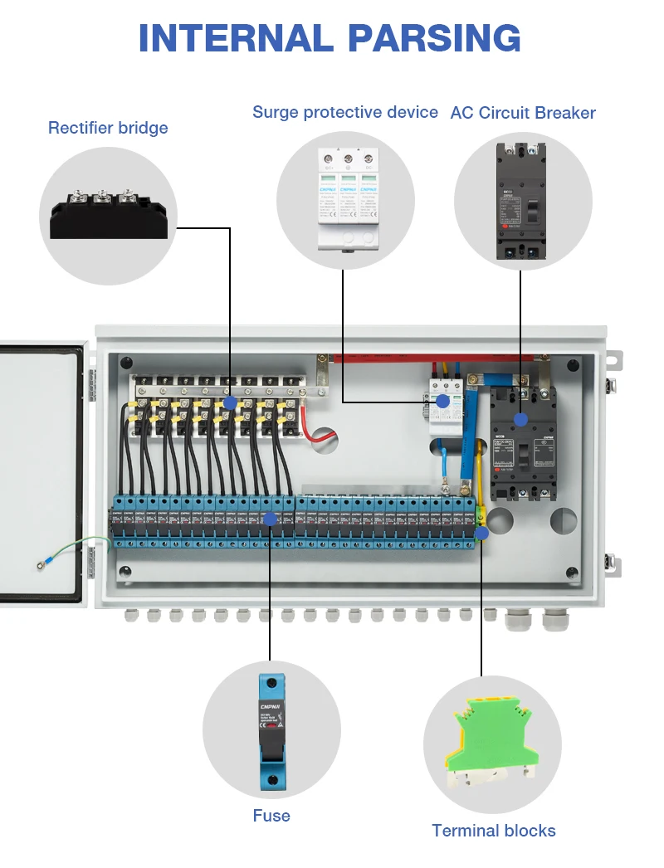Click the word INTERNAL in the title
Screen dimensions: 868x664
236,38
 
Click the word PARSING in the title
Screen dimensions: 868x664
434,38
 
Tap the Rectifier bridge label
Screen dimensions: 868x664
108,128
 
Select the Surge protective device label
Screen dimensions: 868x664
345,112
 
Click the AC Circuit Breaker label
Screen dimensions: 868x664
523,113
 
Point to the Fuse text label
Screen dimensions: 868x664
271,816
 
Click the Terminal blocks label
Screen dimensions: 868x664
494,831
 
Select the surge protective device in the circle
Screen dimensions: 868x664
346,199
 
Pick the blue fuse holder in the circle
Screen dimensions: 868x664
271,730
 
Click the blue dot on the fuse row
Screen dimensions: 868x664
270,519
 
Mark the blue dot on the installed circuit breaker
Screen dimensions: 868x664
520,420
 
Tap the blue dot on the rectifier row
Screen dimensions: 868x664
230,402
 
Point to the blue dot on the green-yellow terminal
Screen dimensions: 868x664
481,534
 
